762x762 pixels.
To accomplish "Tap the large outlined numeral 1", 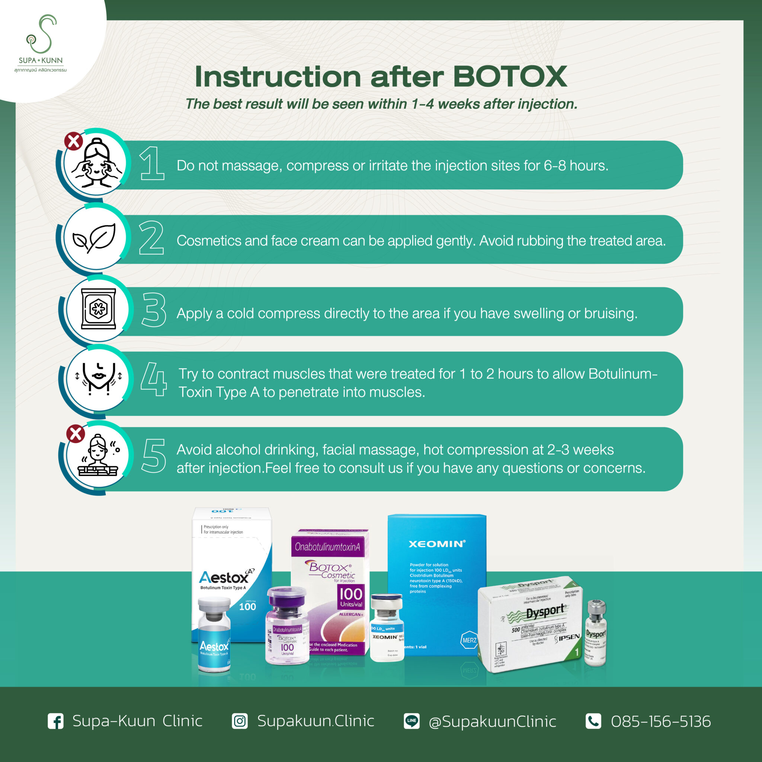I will click(152, 163).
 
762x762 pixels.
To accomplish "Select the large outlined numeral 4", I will click(154, 380).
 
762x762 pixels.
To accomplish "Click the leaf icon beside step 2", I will click(95, 238).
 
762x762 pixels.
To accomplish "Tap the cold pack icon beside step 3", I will click(98, 308).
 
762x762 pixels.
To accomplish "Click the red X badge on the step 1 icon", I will click(74, 141).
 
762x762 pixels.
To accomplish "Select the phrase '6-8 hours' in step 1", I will click(576, 166).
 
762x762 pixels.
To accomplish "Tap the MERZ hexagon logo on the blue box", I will click(469, 640).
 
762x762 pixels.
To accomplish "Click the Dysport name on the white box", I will click(545, 612).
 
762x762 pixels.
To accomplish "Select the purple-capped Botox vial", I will click(287, 625).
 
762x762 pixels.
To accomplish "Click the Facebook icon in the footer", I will click(55, 721).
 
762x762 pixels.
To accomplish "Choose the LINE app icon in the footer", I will click(412, 721).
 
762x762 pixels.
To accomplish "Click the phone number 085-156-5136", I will click(661, 721).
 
